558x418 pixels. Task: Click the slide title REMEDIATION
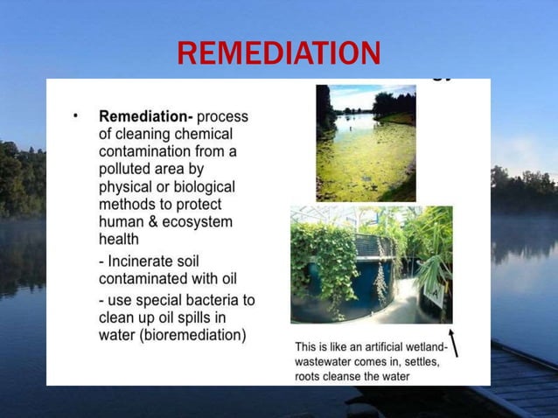[278, 53]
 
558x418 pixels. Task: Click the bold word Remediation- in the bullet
[145, 116]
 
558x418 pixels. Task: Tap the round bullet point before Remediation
[76, 115]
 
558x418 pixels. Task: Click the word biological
[204, 186]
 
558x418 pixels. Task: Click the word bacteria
[210, 300]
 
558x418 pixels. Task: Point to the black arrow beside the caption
[454, 343]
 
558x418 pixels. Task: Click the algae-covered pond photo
[366, 143]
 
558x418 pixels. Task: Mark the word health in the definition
[119, 239]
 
